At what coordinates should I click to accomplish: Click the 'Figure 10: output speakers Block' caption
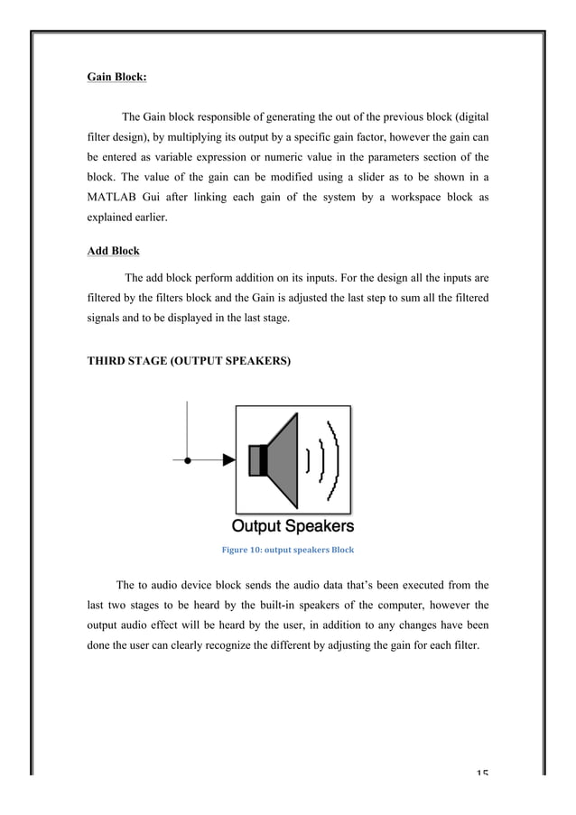(x=287, y=549)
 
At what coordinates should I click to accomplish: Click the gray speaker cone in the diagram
(x=284, y=459)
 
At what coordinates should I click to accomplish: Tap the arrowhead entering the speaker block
(x=228, y=459)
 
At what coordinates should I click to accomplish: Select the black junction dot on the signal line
(x=187, y=459)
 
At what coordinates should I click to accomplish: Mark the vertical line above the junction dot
(x=187, y=429)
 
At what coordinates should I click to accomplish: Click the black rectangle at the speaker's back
(x=255, y=459)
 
